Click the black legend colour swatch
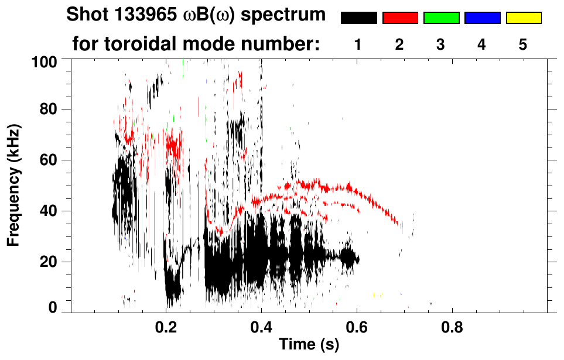click(358, 18)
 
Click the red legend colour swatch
click(400, 18)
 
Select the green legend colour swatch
click(441, 18)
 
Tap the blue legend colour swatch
click(482, 18)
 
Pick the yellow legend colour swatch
click(524, 18)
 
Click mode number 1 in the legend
click(358, 45)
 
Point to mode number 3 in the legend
click(441, 45)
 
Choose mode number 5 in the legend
click(524, 45)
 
